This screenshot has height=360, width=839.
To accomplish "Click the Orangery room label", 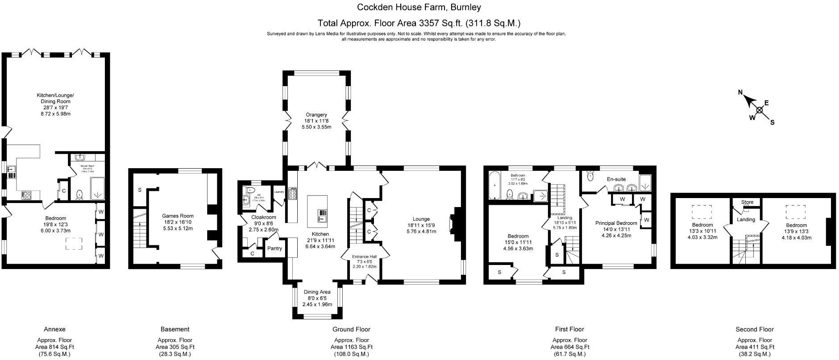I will (316, 115).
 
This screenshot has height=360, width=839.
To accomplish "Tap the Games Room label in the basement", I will (178, 216).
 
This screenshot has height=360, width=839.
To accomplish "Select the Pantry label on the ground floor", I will (274, 248).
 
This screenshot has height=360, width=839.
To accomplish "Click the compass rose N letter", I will (740, 93).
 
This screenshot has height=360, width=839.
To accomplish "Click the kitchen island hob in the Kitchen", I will (322, 216).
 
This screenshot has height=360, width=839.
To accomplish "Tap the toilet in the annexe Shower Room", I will (80, 194).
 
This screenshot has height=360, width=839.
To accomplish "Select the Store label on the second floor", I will (747, 202).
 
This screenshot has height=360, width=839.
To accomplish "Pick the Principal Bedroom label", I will (616, 223).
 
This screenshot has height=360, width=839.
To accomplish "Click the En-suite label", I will (616, 179).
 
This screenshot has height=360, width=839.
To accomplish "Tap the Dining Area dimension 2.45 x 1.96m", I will (317, 304).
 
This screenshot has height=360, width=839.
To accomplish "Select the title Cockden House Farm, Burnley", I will (419, 7).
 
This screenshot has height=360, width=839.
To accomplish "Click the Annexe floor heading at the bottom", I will (54, 329).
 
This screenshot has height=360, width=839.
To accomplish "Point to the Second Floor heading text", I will (754, 329).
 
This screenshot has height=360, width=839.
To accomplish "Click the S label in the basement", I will (140, 190).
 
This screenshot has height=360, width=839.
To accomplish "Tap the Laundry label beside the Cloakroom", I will (279, 192).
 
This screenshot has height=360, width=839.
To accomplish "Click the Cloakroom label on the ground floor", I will (264, 217).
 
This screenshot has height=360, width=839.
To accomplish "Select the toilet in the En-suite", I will (590, 176).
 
